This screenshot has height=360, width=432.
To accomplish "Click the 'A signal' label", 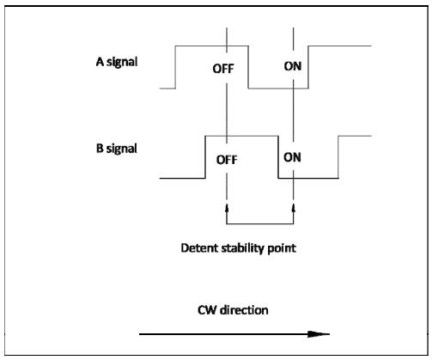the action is click(117, 62).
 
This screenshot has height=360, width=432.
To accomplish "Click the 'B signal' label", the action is click(117, 149).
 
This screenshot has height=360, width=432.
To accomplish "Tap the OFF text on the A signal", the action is click(223, 69).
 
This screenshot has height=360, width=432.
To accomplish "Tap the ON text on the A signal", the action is click(293, 66).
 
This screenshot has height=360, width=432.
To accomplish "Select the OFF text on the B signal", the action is click(227, 160).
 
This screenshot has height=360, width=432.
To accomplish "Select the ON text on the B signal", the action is click(292, 157).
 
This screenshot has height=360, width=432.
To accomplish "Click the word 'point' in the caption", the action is click(282, 248).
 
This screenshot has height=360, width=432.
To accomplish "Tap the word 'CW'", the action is click(207, 310).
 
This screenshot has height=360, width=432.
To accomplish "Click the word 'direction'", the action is click(244, 310).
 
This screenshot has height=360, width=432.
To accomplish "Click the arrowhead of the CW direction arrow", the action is click(319, 334).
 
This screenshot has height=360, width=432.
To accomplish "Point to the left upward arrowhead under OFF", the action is click(227, 208).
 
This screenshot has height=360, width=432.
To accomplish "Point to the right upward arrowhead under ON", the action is click(294, 208).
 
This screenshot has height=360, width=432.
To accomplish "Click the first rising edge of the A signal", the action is click(175, 67).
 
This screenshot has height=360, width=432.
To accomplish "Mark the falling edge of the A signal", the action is click(248, 67).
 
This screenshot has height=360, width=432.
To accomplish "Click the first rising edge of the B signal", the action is click(205, 157).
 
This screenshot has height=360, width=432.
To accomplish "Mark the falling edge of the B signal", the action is click(278, 157).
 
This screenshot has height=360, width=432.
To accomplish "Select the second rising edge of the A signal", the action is click(308, 67).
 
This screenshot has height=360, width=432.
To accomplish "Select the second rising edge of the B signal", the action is click(338, 157).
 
